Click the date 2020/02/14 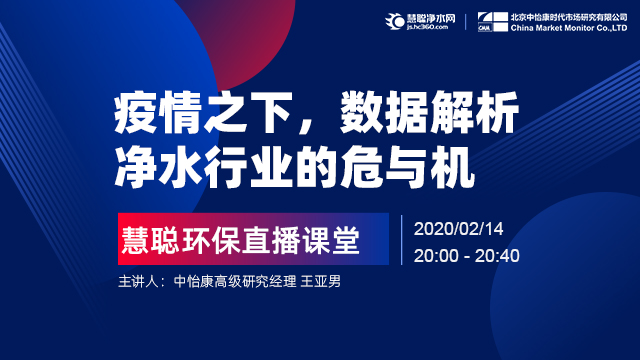458,229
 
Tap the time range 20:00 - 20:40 467,256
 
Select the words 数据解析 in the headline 429,113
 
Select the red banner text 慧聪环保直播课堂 241,240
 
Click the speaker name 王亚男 320,282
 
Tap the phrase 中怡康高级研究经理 235,282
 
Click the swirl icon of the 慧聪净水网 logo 394,21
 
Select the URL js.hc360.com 427,27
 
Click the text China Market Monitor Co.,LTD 569,28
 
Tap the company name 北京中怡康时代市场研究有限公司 569,17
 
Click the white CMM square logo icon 493,22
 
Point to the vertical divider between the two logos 466,22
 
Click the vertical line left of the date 402,240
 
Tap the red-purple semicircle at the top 245,37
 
